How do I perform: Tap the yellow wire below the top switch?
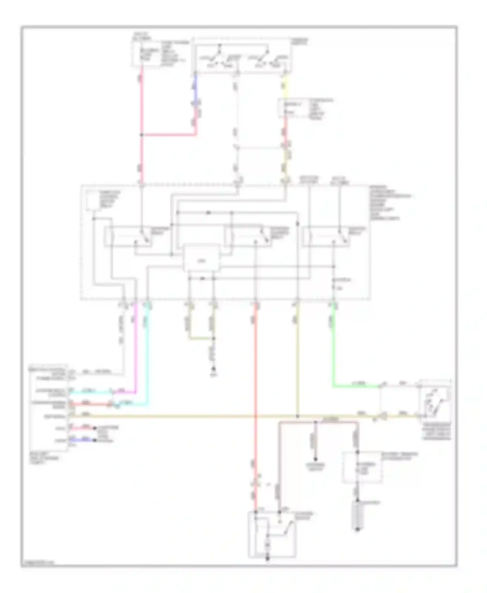[285, 86]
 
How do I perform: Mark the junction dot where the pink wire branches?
[142, 134]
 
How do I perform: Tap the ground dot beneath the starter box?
[268, 558]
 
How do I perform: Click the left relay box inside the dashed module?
[136, 237]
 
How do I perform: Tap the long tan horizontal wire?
[195, 416]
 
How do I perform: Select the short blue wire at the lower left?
[83, 440]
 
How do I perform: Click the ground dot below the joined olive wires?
[214, 369]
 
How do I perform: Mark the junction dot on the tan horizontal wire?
[297, 416]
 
